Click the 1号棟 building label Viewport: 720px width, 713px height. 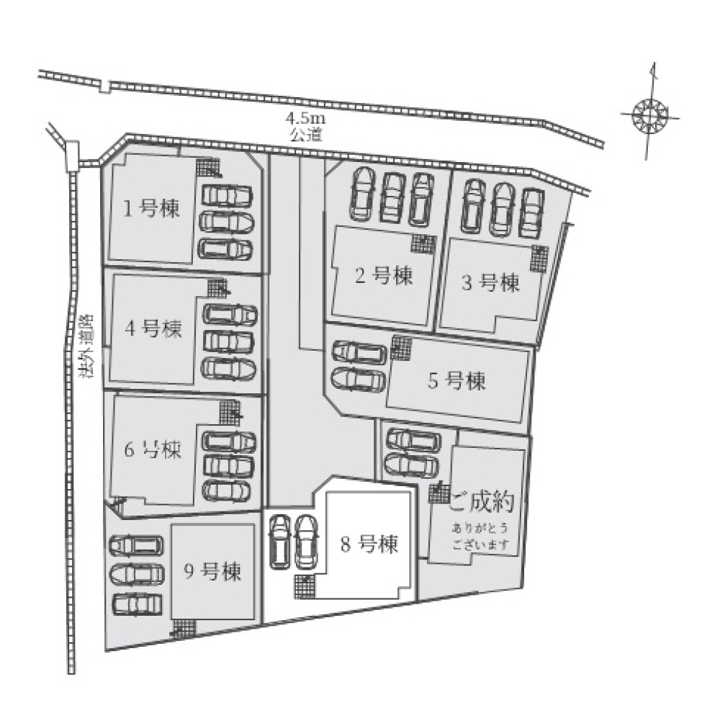(x=151, y=210)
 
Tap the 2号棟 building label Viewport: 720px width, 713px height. (x=384, y=276)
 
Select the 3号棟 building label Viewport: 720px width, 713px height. (x=490, y=282)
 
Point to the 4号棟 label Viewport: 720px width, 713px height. (x=153, y=328)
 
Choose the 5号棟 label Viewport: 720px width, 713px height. (x=456, y=381)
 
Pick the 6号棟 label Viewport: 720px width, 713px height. (x=153, y=449)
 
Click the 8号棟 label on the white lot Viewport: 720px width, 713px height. (x=369, y=544)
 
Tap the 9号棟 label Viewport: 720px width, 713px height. (x=212, y=572)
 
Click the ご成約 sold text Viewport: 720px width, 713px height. (x=482, y=503)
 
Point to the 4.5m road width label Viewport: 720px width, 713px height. (x=305, y=119)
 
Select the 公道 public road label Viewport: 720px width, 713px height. (x=306, y=135)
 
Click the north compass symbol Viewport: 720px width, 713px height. (x=649, y=112)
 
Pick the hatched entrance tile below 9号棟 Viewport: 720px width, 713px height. (x=186, y=627)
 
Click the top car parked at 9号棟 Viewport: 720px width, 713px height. (x=135, y=545)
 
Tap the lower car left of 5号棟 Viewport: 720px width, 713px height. (x=357, y=380)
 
